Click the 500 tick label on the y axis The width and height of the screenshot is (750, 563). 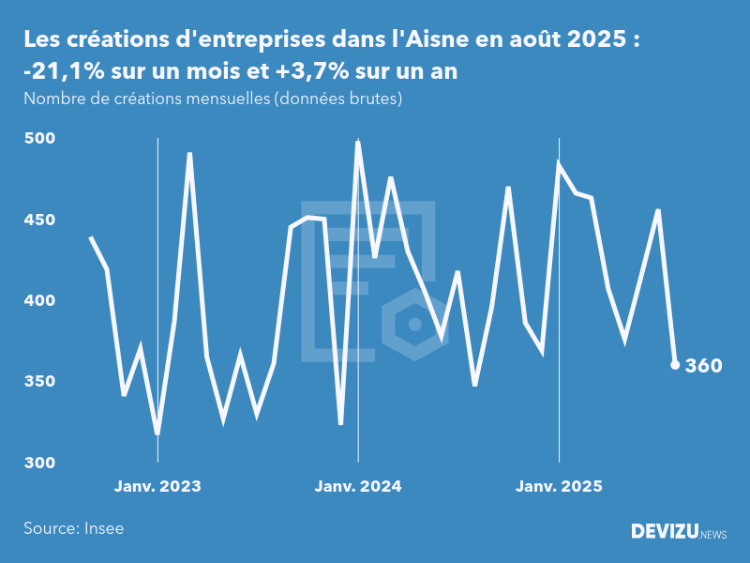40,139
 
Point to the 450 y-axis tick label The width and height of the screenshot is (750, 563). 40,220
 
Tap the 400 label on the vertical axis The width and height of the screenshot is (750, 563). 40,301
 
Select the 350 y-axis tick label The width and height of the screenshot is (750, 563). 40,382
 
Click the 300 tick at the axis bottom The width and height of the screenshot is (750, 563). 40,463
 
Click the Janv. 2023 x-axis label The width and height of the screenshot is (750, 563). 157,486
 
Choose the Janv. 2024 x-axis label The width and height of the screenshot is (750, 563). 358,486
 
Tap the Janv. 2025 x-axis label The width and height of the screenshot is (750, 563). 559,486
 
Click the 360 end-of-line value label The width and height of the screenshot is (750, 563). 703,366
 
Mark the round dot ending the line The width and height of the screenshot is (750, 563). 675,365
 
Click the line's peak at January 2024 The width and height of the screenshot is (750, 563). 358,142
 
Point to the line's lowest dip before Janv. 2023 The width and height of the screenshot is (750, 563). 157,434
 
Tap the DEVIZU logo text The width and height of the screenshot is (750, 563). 664,532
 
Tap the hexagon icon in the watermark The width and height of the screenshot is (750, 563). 413,325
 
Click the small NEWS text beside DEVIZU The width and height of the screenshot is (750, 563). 713,534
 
